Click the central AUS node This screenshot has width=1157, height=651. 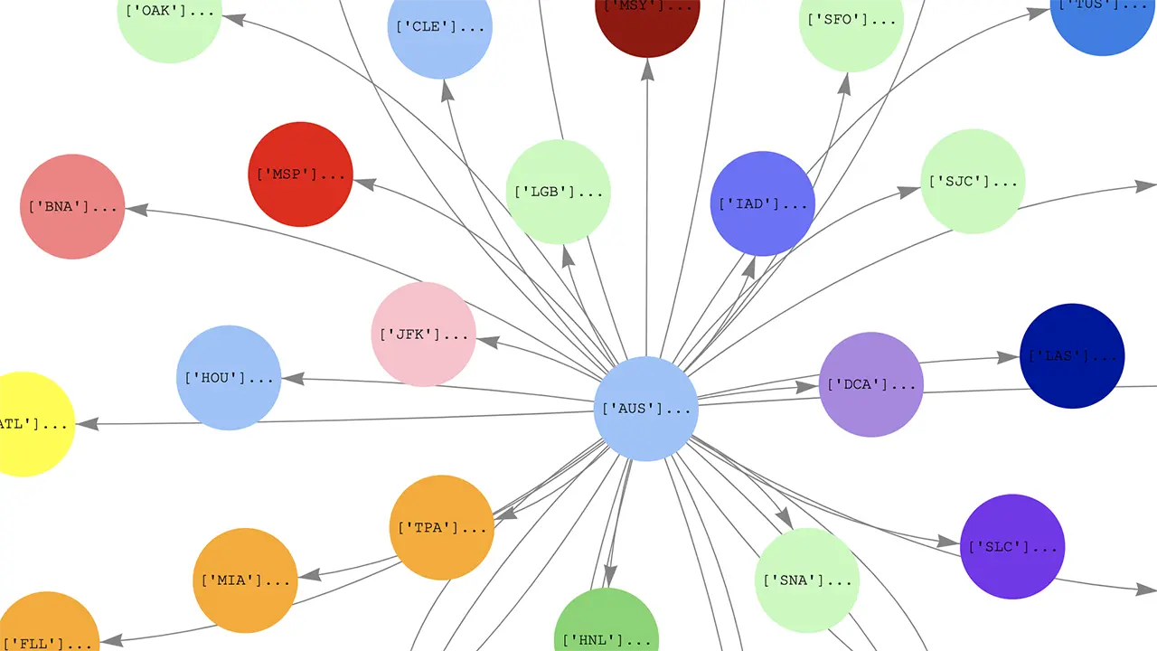tap(645, 409)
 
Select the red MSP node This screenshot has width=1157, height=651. tap(300, 175)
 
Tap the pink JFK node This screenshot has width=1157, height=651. tap(423, 335)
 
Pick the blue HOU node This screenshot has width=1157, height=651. tap(229, 378)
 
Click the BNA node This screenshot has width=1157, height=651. tap(72, 206)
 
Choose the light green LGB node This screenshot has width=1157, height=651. tap(558, 192)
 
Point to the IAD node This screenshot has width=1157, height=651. tap(762, 203)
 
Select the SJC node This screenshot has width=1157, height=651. tap(973, 182)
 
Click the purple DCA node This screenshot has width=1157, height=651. tap(871, 384)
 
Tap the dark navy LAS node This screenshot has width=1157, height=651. tap(1072, 355)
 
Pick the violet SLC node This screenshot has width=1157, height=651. tap(1012, 546)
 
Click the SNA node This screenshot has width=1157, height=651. tap(807, 580)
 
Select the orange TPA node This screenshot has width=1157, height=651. tap(442, 527)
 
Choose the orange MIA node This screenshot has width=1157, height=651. tap(245, 580)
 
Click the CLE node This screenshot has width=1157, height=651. tap(440, 27)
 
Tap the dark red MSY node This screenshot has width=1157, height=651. tap(647, 14)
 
